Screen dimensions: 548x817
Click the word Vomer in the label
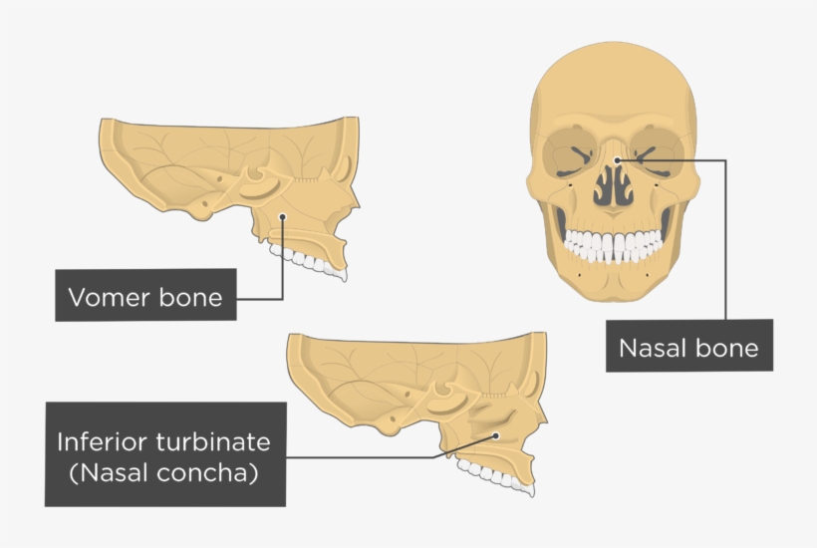pyautogui.click(x=104, y=297)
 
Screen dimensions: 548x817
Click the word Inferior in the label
pyautogui.click(x=102, y=441)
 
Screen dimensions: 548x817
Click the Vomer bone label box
pyautogui.click(x=145, y=295)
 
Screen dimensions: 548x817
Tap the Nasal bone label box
pyautogui.click(x=688, y=346)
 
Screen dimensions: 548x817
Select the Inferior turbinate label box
pyautogui.click(x=164, y=454)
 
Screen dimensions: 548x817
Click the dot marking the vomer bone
pyautogui.click(x=283, y=216)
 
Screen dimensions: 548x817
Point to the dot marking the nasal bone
pyautogui.click(x=618, y=159)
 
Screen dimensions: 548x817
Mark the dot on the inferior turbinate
pyautogui.click(x=495, y=435)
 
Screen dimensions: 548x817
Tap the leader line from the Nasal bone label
pyautogui.click(x=724, y=239)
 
